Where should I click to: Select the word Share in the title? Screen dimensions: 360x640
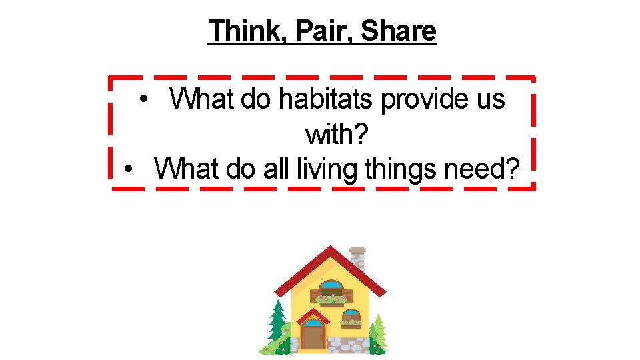399,31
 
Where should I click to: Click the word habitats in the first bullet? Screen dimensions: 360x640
317,99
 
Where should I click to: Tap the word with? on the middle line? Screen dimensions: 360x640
337,135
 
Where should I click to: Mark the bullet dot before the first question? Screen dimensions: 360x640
143,100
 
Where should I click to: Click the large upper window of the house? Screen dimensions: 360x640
331,290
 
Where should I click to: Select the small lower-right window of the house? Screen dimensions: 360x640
351,318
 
